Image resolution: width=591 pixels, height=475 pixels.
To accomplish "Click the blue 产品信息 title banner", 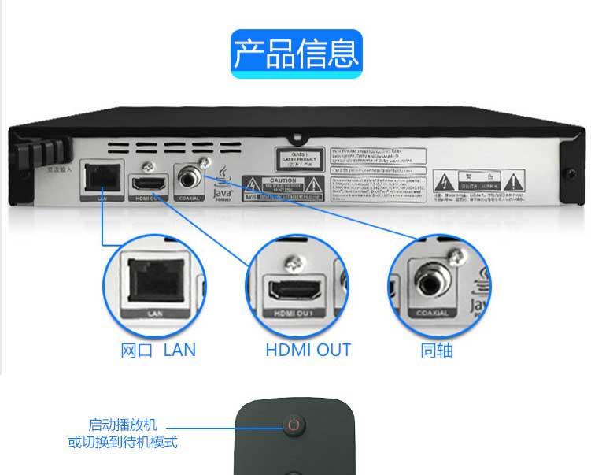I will [297, 53].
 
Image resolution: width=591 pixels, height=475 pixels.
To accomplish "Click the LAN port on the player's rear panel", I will [99, 178].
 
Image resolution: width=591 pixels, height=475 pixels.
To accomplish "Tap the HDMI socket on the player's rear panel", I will [147, 184].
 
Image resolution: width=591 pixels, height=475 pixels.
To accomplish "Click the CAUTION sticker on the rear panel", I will [283, 185].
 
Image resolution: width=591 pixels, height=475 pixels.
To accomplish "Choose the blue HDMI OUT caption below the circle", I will [308, 351].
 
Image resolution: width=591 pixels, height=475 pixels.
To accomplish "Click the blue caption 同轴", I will [437, 351].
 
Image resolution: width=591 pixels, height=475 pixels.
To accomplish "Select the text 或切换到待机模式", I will [123, 442].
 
